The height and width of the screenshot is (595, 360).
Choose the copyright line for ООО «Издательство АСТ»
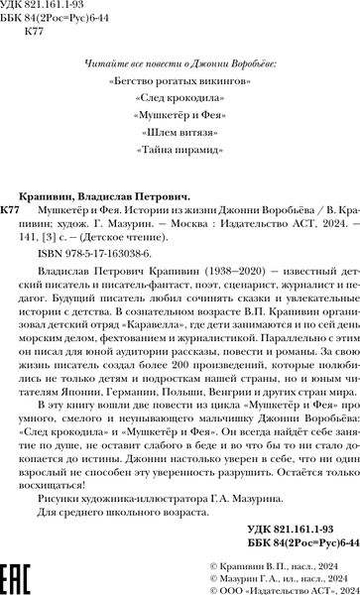click(x=278, y=584)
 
